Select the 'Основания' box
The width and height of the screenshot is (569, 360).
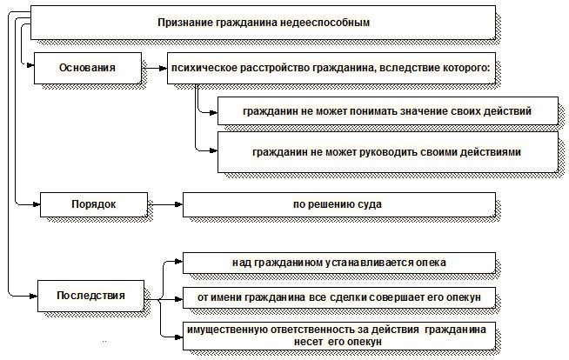pyautogui.click(x=86, y=66)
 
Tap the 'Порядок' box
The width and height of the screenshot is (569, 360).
pyautogui.click(x=93, y=204)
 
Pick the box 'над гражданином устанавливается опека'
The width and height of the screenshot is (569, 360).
pyautogui.click(x=339, y=262)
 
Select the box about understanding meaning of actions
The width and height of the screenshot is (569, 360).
pyautogui.click(x=385, y=111)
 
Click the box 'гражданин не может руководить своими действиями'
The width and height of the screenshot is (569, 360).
pyautogui.click(x=385, y=151)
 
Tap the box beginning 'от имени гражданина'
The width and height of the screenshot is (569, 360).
pyautogui.click(x=339, y=297)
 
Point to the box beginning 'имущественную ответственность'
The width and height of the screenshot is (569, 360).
pyautogui.click(x=339, y=336)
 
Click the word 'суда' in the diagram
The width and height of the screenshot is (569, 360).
pyautogui.click(x=370, y=204)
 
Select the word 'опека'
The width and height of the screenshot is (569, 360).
pyautogui.click(x=430, y=262)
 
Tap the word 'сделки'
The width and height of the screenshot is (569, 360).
pyautogui.click(x=375, y=297)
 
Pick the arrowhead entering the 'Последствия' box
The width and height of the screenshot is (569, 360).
pyautogui.click(x=33, y=296)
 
